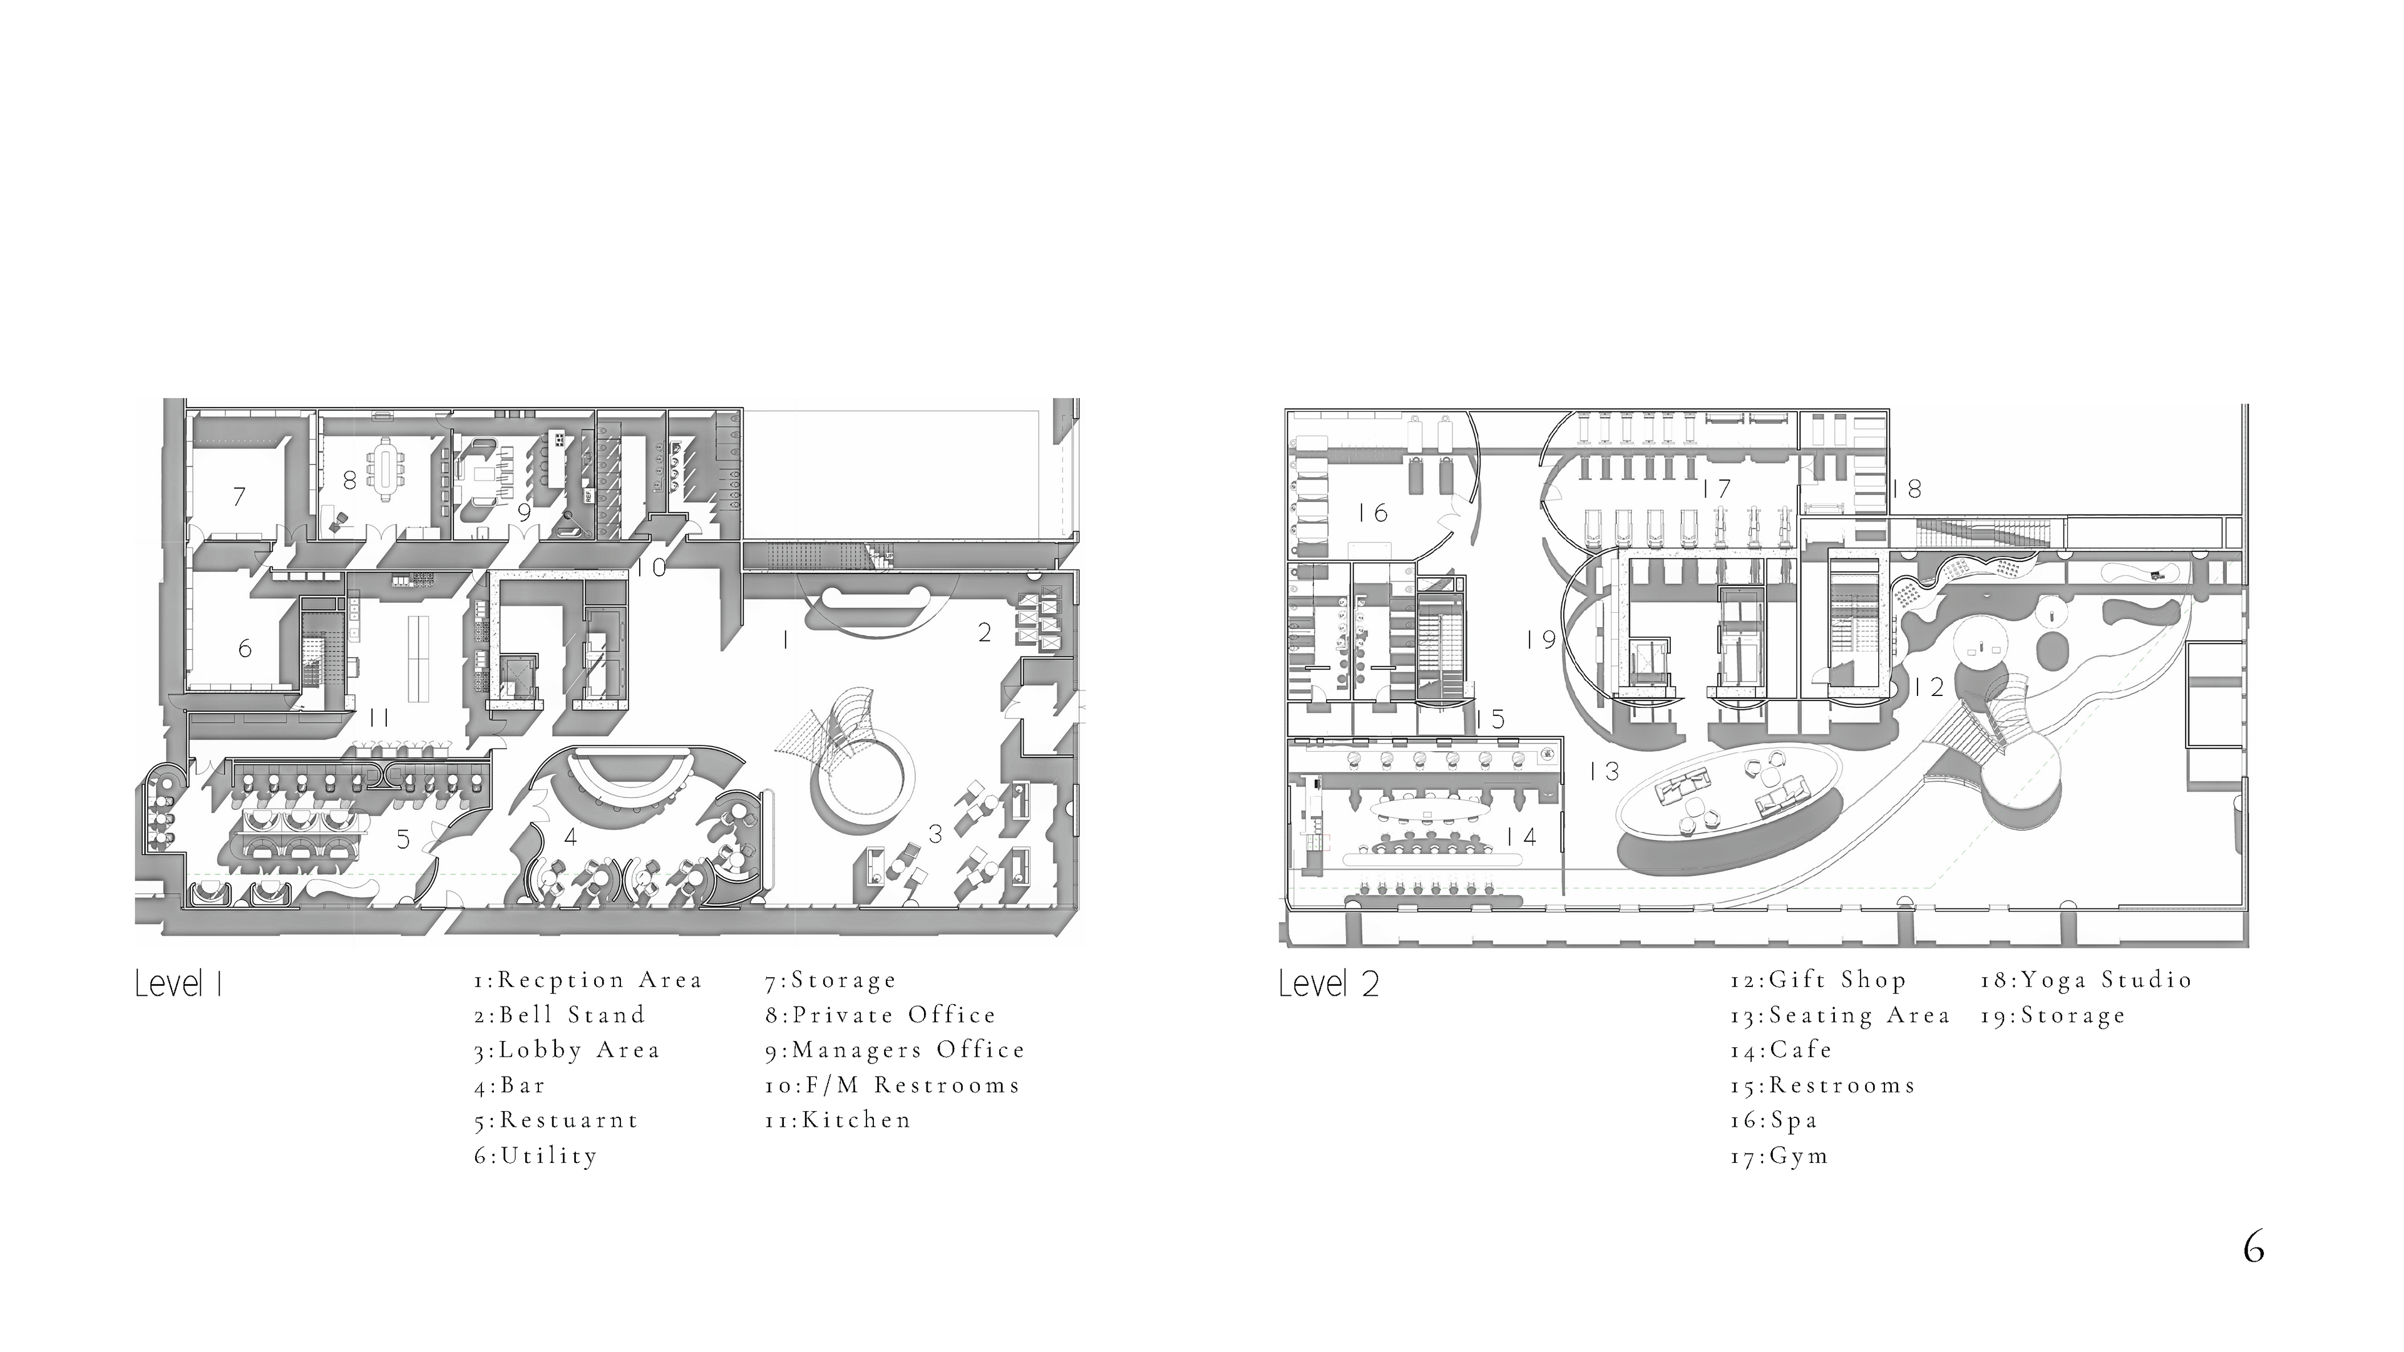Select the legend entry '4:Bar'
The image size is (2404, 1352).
tap(510, 1085)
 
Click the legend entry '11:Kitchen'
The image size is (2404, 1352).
tap(837, 1120)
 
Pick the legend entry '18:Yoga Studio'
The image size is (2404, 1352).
tap(2087, 980)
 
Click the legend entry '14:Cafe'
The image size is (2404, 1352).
tap(1780, 1050)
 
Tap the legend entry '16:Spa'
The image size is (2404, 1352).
tap(1773, 1120)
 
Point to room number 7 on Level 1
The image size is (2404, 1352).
tap(240, 496)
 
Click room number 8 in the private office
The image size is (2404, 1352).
tap(349, 481)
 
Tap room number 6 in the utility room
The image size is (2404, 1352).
tap(245, 648)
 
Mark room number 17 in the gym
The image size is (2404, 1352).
tap(1715, 488)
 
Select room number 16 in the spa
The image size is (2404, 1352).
tap(1373, 512)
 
